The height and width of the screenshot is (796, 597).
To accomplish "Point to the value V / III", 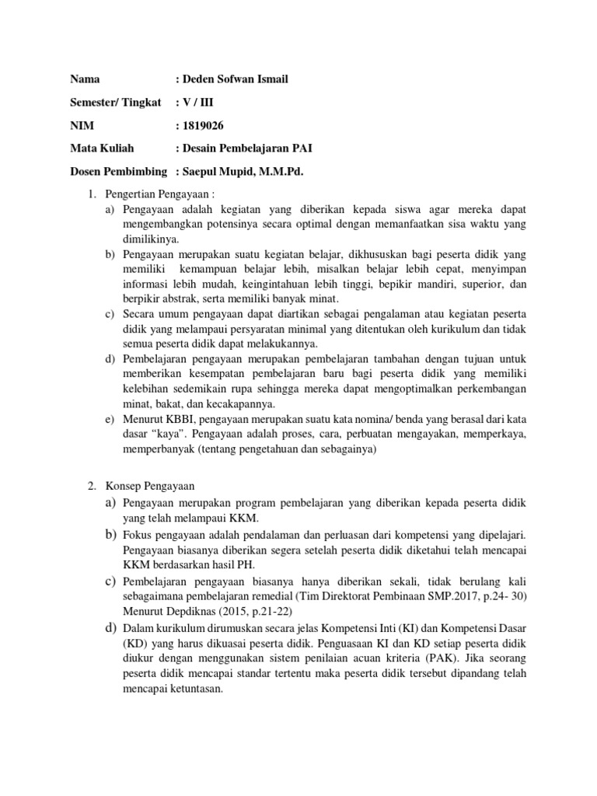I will pos(199,102).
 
